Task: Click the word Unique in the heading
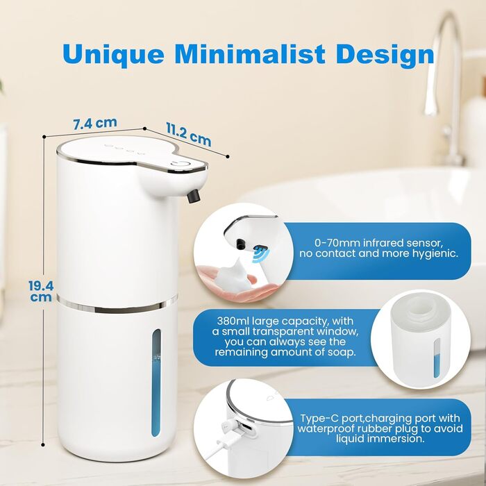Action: coord(113,55)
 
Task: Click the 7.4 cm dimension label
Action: coord(95,124)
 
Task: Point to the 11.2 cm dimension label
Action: coord(188,134)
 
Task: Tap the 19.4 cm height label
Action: coord(41,291)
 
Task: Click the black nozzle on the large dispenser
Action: coord(194,196)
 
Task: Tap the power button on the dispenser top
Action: coord(181,165)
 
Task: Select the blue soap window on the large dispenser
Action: coord(156,383)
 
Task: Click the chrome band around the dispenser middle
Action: coord(117,305)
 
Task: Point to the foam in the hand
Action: coord(234,276)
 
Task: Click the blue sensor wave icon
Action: coord(260,254)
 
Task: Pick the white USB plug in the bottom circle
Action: coord(227,429)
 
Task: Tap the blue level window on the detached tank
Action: coord(437,358)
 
